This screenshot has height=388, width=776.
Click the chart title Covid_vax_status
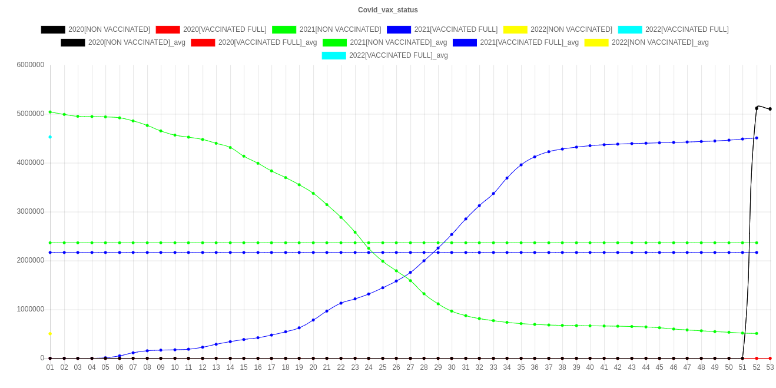[388, 10]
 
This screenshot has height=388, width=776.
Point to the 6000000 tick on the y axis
[31, 64]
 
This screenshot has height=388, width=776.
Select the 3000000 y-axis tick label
[31, 211]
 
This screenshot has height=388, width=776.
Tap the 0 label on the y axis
[42, 357]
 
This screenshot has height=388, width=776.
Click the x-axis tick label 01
[50, 367]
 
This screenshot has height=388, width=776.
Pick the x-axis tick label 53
[770, 367]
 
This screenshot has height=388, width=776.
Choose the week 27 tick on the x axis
[410, 367]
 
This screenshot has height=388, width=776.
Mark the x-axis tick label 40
[590, 367]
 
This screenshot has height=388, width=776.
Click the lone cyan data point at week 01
[50, 137]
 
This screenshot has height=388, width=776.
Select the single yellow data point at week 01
[50, 334]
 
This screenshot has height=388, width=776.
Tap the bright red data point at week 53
[770, 358]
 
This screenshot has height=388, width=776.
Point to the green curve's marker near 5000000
[50, 112]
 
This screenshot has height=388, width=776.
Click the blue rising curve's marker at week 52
[756, 138]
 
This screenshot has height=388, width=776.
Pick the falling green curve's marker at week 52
[756, 333]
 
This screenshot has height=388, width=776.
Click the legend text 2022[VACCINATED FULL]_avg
[399, 55]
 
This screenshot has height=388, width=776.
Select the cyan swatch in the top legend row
[630, 29]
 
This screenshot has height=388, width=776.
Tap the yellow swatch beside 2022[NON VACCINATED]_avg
[596, 42]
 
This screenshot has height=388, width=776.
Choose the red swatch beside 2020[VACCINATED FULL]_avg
[203, 42]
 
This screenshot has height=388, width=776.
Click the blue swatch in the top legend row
[399, 29]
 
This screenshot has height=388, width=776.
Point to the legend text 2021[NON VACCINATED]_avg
[399, 42]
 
